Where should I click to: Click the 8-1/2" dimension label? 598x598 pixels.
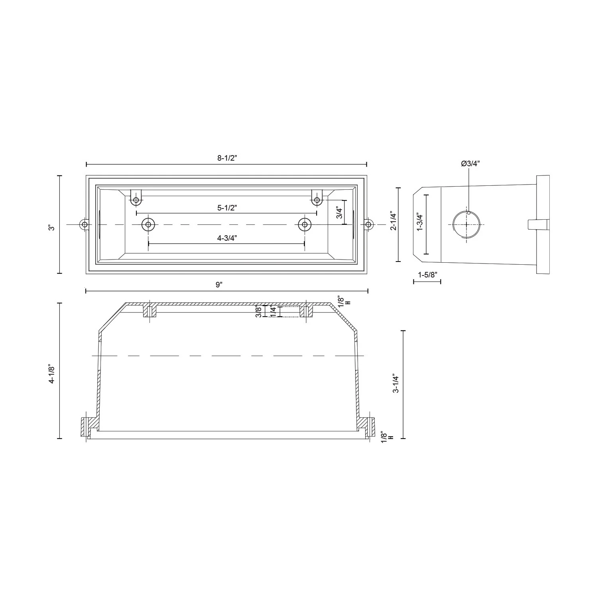coord(227,158)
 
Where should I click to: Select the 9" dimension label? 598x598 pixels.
coord(219,285)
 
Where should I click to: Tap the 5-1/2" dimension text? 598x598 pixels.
coord(227,208)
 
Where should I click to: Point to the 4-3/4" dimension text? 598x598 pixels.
coord(227,238)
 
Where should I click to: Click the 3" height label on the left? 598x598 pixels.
coord(51,228)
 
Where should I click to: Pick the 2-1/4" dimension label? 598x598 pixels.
coord(393,222)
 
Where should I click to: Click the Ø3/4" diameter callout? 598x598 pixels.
coord(470,163)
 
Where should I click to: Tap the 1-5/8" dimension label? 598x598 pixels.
coord(428,274)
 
